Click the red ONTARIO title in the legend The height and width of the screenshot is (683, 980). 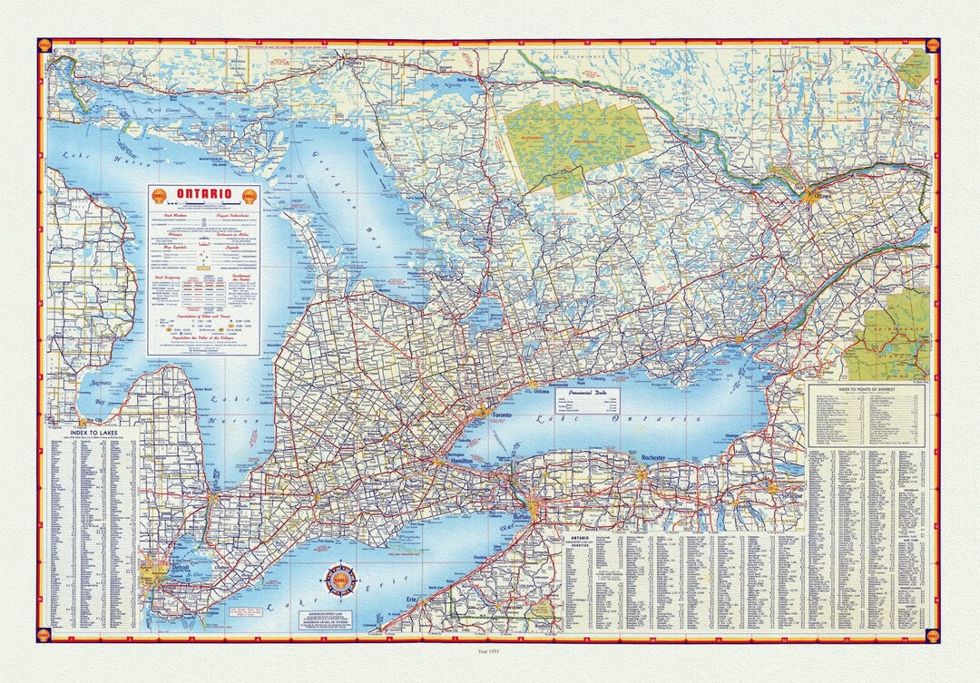203,194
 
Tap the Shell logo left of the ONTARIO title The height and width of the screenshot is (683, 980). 161,195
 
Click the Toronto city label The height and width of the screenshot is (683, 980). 502,415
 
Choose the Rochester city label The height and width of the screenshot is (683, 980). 653,458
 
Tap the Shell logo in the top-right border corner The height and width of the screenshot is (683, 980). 931,45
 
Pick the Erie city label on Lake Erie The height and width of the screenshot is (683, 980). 412,600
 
